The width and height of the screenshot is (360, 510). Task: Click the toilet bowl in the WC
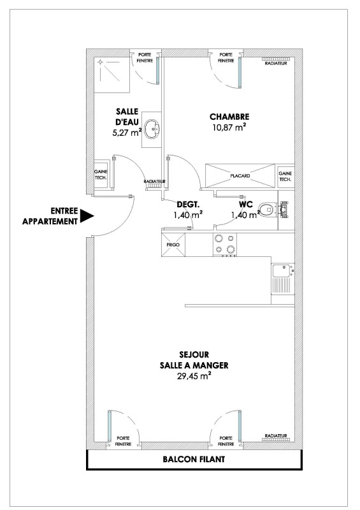tap(265, 209)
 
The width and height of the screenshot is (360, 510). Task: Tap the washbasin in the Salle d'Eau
tap(152, 129)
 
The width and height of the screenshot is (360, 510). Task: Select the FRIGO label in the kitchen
tap(173, 245)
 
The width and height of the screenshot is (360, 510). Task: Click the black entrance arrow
tap(87, 215)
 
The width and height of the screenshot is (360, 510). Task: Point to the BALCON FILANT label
tap(194, 459)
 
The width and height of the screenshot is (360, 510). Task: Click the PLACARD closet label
tap(240, 176)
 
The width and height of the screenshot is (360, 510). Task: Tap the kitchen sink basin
tap(282, 270)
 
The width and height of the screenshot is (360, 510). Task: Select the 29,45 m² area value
tap(193, 376)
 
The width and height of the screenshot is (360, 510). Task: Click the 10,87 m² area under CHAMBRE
tap(229, 127)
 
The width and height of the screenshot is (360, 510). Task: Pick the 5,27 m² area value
tap(127, 133)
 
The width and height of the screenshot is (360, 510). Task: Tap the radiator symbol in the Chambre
tap(276, 59)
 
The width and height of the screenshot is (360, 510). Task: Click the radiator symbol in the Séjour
tap(276, 439)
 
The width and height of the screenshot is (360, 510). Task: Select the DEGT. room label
tap(188, 205)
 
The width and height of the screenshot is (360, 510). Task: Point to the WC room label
tap(245, 205)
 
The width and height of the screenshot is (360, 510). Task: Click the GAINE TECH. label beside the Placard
tap(285, 177)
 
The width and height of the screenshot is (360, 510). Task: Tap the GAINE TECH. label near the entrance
tap(101, 174)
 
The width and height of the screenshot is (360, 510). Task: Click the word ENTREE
tap(64, 211)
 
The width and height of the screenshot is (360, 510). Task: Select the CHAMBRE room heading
tap(229, 117)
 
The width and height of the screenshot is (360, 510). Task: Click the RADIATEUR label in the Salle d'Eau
tap(154, 181)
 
